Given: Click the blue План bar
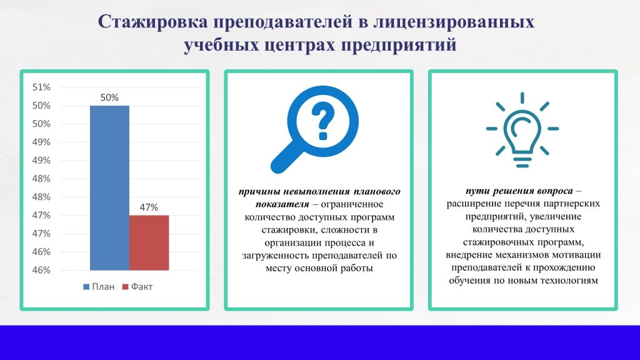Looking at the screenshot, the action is pyautogui.click(x=109, y=187).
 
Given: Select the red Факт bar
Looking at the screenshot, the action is pyautogui.click(x=149, y=242).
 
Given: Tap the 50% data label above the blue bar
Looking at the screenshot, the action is pyautogui.click(x=109, y=97).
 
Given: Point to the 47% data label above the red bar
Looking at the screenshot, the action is pyautogui.click(x=149, y=207).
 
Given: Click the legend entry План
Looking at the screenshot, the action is pyautogui.click(x=99, y=286).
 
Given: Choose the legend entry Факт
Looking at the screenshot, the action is pyautogui.click(x=137, y=286).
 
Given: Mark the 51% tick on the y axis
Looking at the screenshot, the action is pyautogui.click(x=41, y=87).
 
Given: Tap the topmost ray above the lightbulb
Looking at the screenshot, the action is pyautogui.click(x=522, y=98).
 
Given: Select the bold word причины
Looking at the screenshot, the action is pyautogui.click(x=258, y=191).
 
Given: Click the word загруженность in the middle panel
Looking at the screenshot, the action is pyautogui.click(x=276, y=256).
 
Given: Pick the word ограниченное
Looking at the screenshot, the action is pyautogui.click(x=352, y=204).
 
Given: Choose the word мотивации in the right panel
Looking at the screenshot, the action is pyautogui.click(x=576, y=255).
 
